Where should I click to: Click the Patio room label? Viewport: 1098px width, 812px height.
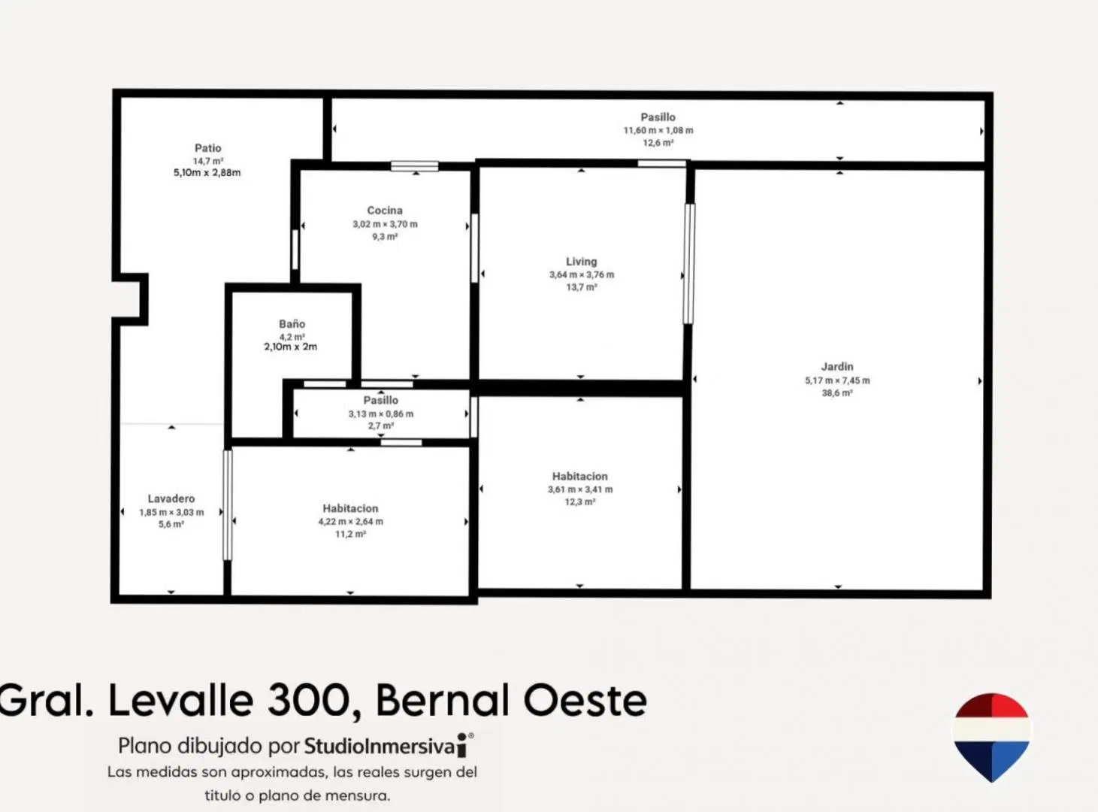pyautogui.click(x=208, y=148)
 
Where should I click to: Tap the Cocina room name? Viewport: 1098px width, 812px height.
pyautogui.click(x=385, y=211)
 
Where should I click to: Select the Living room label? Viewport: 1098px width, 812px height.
pyautogui.click(x=582, y=262)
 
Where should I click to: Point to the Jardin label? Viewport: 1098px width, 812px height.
pyautogui.click(x=837, y=367)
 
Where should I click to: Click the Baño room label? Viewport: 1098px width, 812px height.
pyautogui.click(x=292, y=324)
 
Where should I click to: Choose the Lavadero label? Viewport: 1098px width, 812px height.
pyautogui.click(x=171, y=499)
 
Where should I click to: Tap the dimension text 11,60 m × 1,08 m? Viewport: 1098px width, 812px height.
pyautogui.click(x=658, y=130)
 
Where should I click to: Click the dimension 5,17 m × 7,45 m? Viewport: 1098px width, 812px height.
pyautogui.click(x=837, y=380)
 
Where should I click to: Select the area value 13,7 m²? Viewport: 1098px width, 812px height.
pyautogui.click(x=582, y=287)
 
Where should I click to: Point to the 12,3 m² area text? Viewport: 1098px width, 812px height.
pyautogui.click(x=580, y=502)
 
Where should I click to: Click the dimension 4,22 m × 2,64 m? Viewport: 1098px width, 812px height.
pyautogui.click(x=350, y=521)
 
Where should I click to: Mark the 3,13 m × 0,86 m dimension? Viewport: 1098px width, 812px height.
pyautogui.click(x=381, y=414)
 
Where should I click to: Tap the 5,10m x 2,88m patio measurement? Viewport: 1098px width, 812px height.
pyautogui.click(x=207, y=172)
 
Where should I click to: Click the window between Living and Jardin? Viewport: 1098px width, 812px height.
pyautogui.click(x=689, y=264)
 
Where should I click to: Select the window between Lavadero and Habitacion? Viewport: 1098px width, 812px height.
pyautogui.click(x=227, y=505)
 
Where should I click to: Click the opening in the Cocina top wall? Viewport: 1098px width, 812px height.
pyautogui.click(x=414, y=166)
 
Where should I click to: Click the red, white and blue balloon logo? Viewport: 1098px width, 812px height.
pyautogui.click(x=991, y=738)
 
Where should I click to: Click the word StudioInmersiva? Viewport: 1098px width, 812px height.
pyautogui.click(x=380, y=746)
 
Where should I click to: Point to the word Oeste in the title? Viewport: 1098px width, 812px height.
pyautogui.click(x=585, y=700)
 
